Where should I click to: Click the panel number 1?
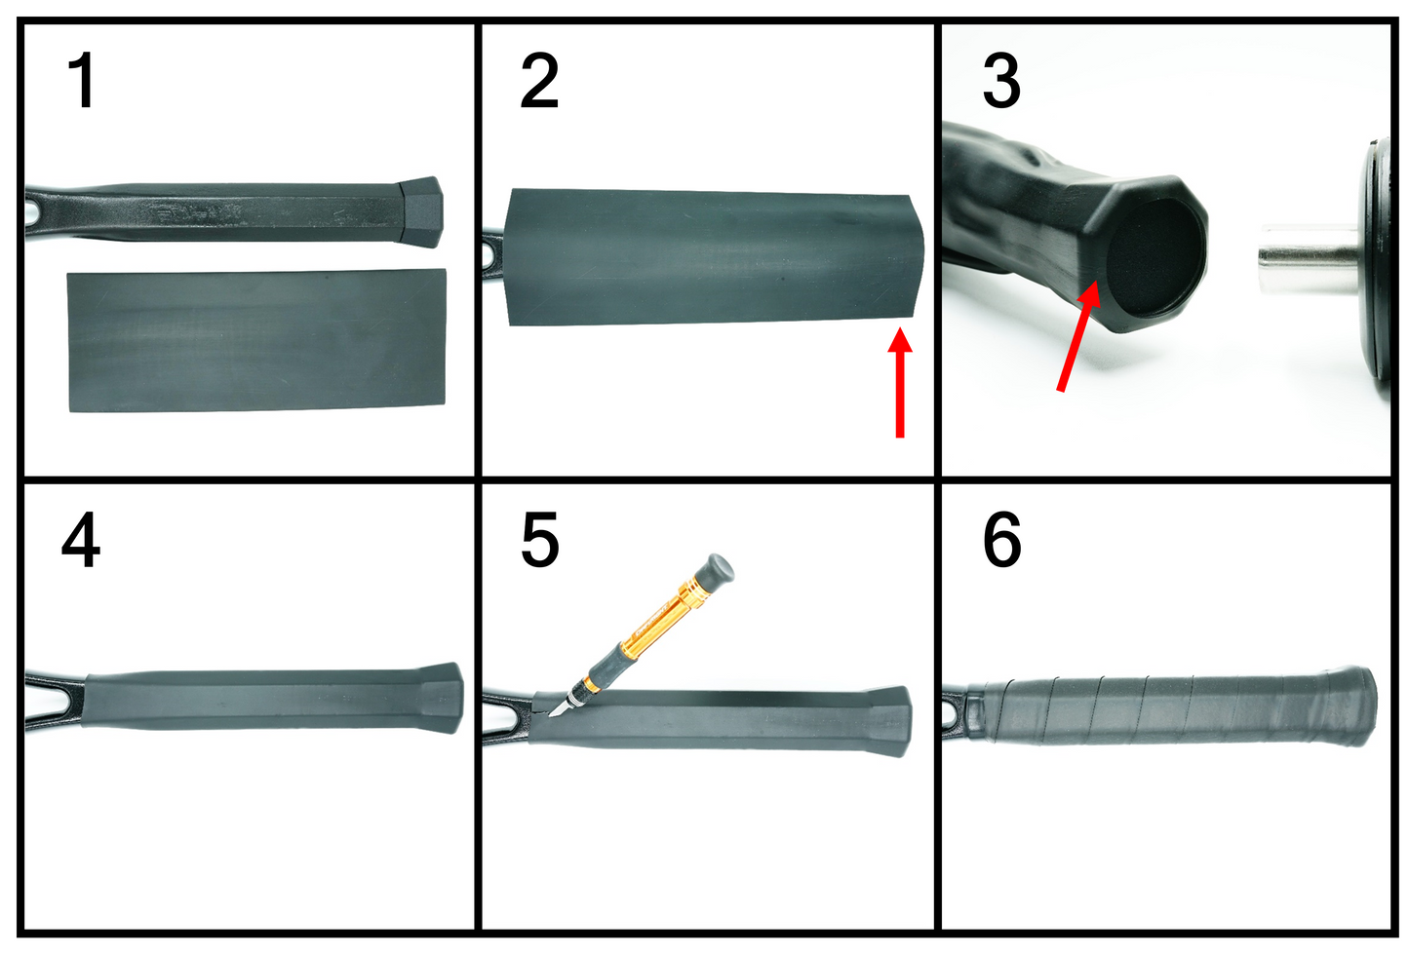[82, 81]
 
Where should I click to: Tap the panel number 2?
[539, 81]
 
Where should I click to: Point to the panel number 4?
[81, 539]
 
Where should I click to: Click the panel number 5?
[539, 539]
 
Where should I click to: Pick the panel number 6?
[1002, 539]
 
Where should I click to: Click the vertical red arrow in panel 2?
[900, 382]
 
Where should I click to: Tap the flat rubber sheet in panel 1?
[256, 340]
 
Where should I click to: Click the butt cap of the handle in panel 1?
[421, 211]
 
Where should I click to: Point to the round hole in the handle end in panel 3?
[1156, 257]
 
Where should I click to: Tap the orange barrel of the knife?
[654, 619]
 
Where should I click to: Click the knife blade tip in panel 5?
[550, 715]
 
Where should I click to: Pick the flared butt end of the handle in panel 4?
[443, 698]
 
